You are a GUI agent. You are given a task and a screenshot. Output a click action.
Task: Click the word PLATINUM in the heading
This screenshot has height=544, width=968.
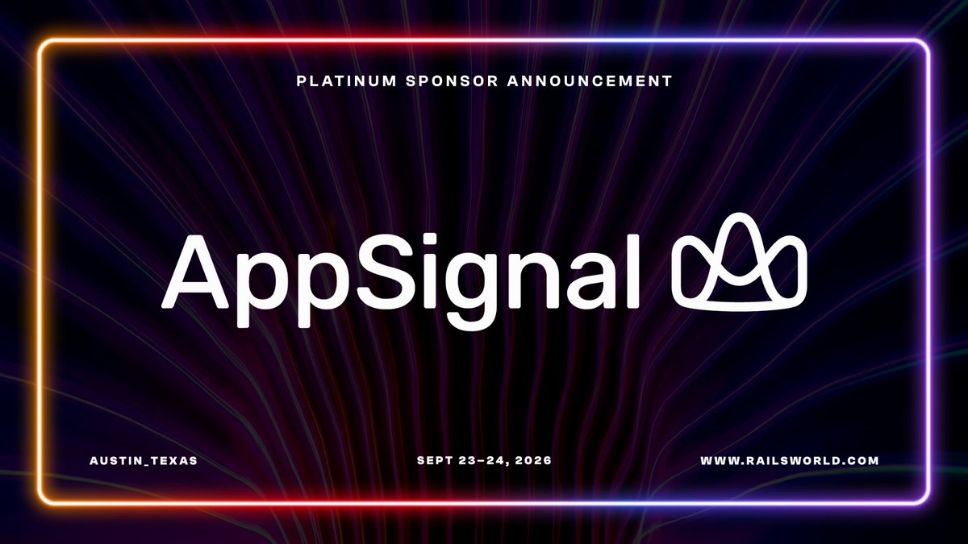(x=347, y=81)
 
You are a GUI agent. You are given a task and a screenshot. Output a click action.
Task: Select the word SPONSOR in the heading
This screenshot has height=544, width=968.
(x=452, y=81)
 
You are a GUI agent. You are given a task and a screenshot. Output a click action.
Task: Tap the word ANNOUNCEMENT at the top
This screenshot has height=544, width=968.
(x=590, y=81)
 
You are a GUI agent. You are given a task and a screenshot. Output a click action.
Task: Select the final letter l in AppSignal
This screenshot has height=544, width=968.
(x=633, y=272)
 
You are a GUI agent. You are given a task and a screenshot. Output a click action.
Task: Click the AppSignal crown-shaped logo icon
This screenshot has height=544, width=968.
(x=740, y=262)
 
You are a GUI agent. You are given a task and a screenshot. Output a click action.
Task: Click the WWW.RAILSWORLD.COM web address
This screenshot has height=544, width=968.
(x=790, y=461)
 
